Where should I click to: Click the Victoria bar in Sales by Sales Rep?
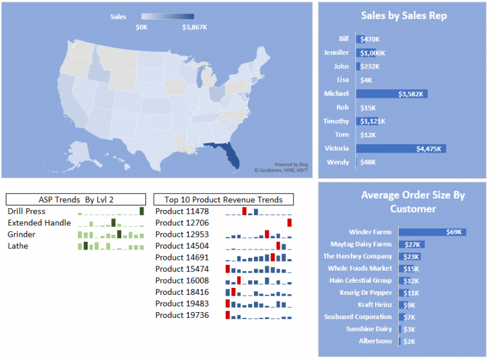click(401, 149)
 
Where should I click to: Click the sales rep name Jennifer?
click(336, 52)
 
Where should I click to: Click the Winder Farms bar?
click(432, 232)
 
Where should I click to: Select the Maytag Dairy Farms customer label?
click(361, 244)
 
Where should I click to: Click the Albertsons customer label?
click(375, 341)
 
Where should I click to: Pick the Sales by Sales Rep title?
click(404, 16)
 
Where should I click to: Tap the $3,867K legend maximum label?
click(195, 27)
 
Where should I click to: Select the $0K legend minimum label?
click(142, 27)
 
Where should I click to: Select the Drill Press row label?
click(27, 211)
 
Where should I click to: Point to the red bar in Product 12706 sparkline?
click(289, 222)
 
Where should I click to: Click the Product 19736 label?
click(182, 315)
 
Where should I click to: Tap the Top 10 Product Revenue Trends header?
click(223, 199)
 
